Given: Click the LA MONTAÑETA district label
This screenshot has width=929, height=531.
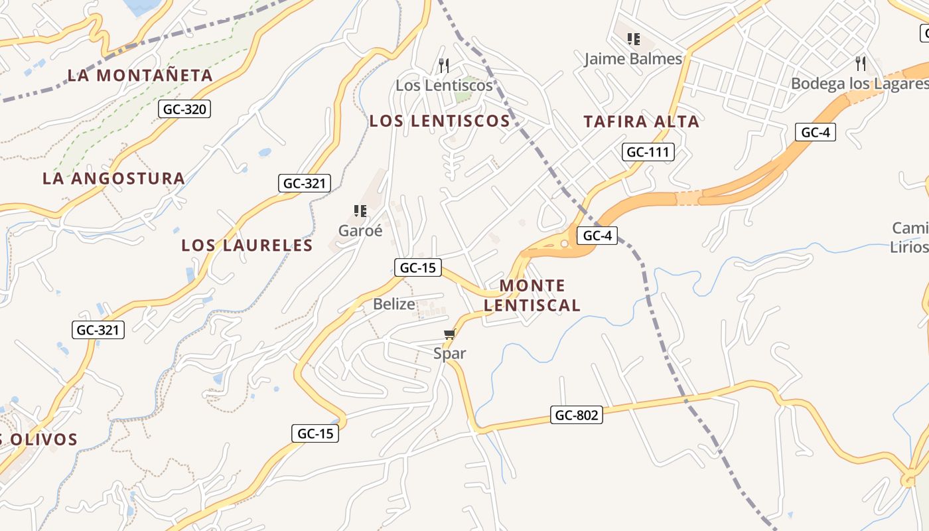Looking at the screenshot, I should click(140, 76).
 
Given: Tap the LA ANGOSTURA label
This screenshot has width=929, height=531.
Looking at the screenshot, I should click(113, 179).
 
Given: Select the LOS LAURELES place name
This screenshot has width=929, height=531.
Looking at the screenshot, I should click(247, 246).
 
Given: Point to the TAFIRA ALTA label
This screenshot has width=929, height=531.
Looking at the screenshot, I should click(641, 121).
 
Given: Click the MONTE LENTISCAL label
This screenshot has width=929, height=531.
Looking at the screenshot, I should click(532, 295).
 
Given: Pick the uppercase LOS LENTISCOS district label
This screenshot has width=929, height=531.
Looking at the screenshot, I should click(439, 121).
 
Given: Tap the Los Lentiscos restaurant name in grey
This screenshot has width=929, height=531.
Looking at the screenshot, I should click(444, 86).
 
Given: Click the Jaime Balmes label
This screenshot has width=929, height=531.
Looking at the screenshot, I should click(633, 59).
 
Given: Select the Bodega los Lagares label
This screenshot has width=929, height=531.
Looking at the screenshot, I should click(859, 84).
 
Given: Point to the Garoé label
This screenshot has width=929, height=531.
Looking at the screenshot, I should click(360, 231).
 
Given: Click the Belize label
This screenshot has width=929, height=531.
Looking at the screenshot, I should click(394, 305).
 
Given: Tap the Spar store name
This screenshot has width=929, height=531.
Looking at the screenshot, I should click(449, 354).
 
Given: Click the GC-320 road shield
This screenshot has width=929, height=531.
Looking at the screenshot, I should click(184, 110).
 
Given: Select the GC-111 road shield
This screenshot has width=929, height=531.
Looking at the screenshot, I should click(648, 152).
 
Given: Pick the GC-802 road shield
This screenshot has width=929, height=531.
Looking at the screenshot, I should click(577, 416).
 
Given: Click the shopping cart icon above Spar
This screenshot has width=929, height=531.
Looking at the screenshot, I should click(450, 334).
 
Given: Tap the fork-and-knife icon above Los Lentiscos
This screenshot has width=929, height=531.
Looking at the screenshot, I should click(444, 65).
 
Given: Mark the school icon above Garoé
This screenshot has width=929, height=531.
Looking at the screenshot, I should click(360, 211).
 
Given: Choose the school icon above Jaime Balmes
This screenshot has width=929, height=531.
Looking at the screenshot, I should click(634, 39).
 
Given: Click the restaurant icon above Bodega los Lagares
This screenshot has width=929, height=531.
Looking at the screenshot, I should click(861, 64).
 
